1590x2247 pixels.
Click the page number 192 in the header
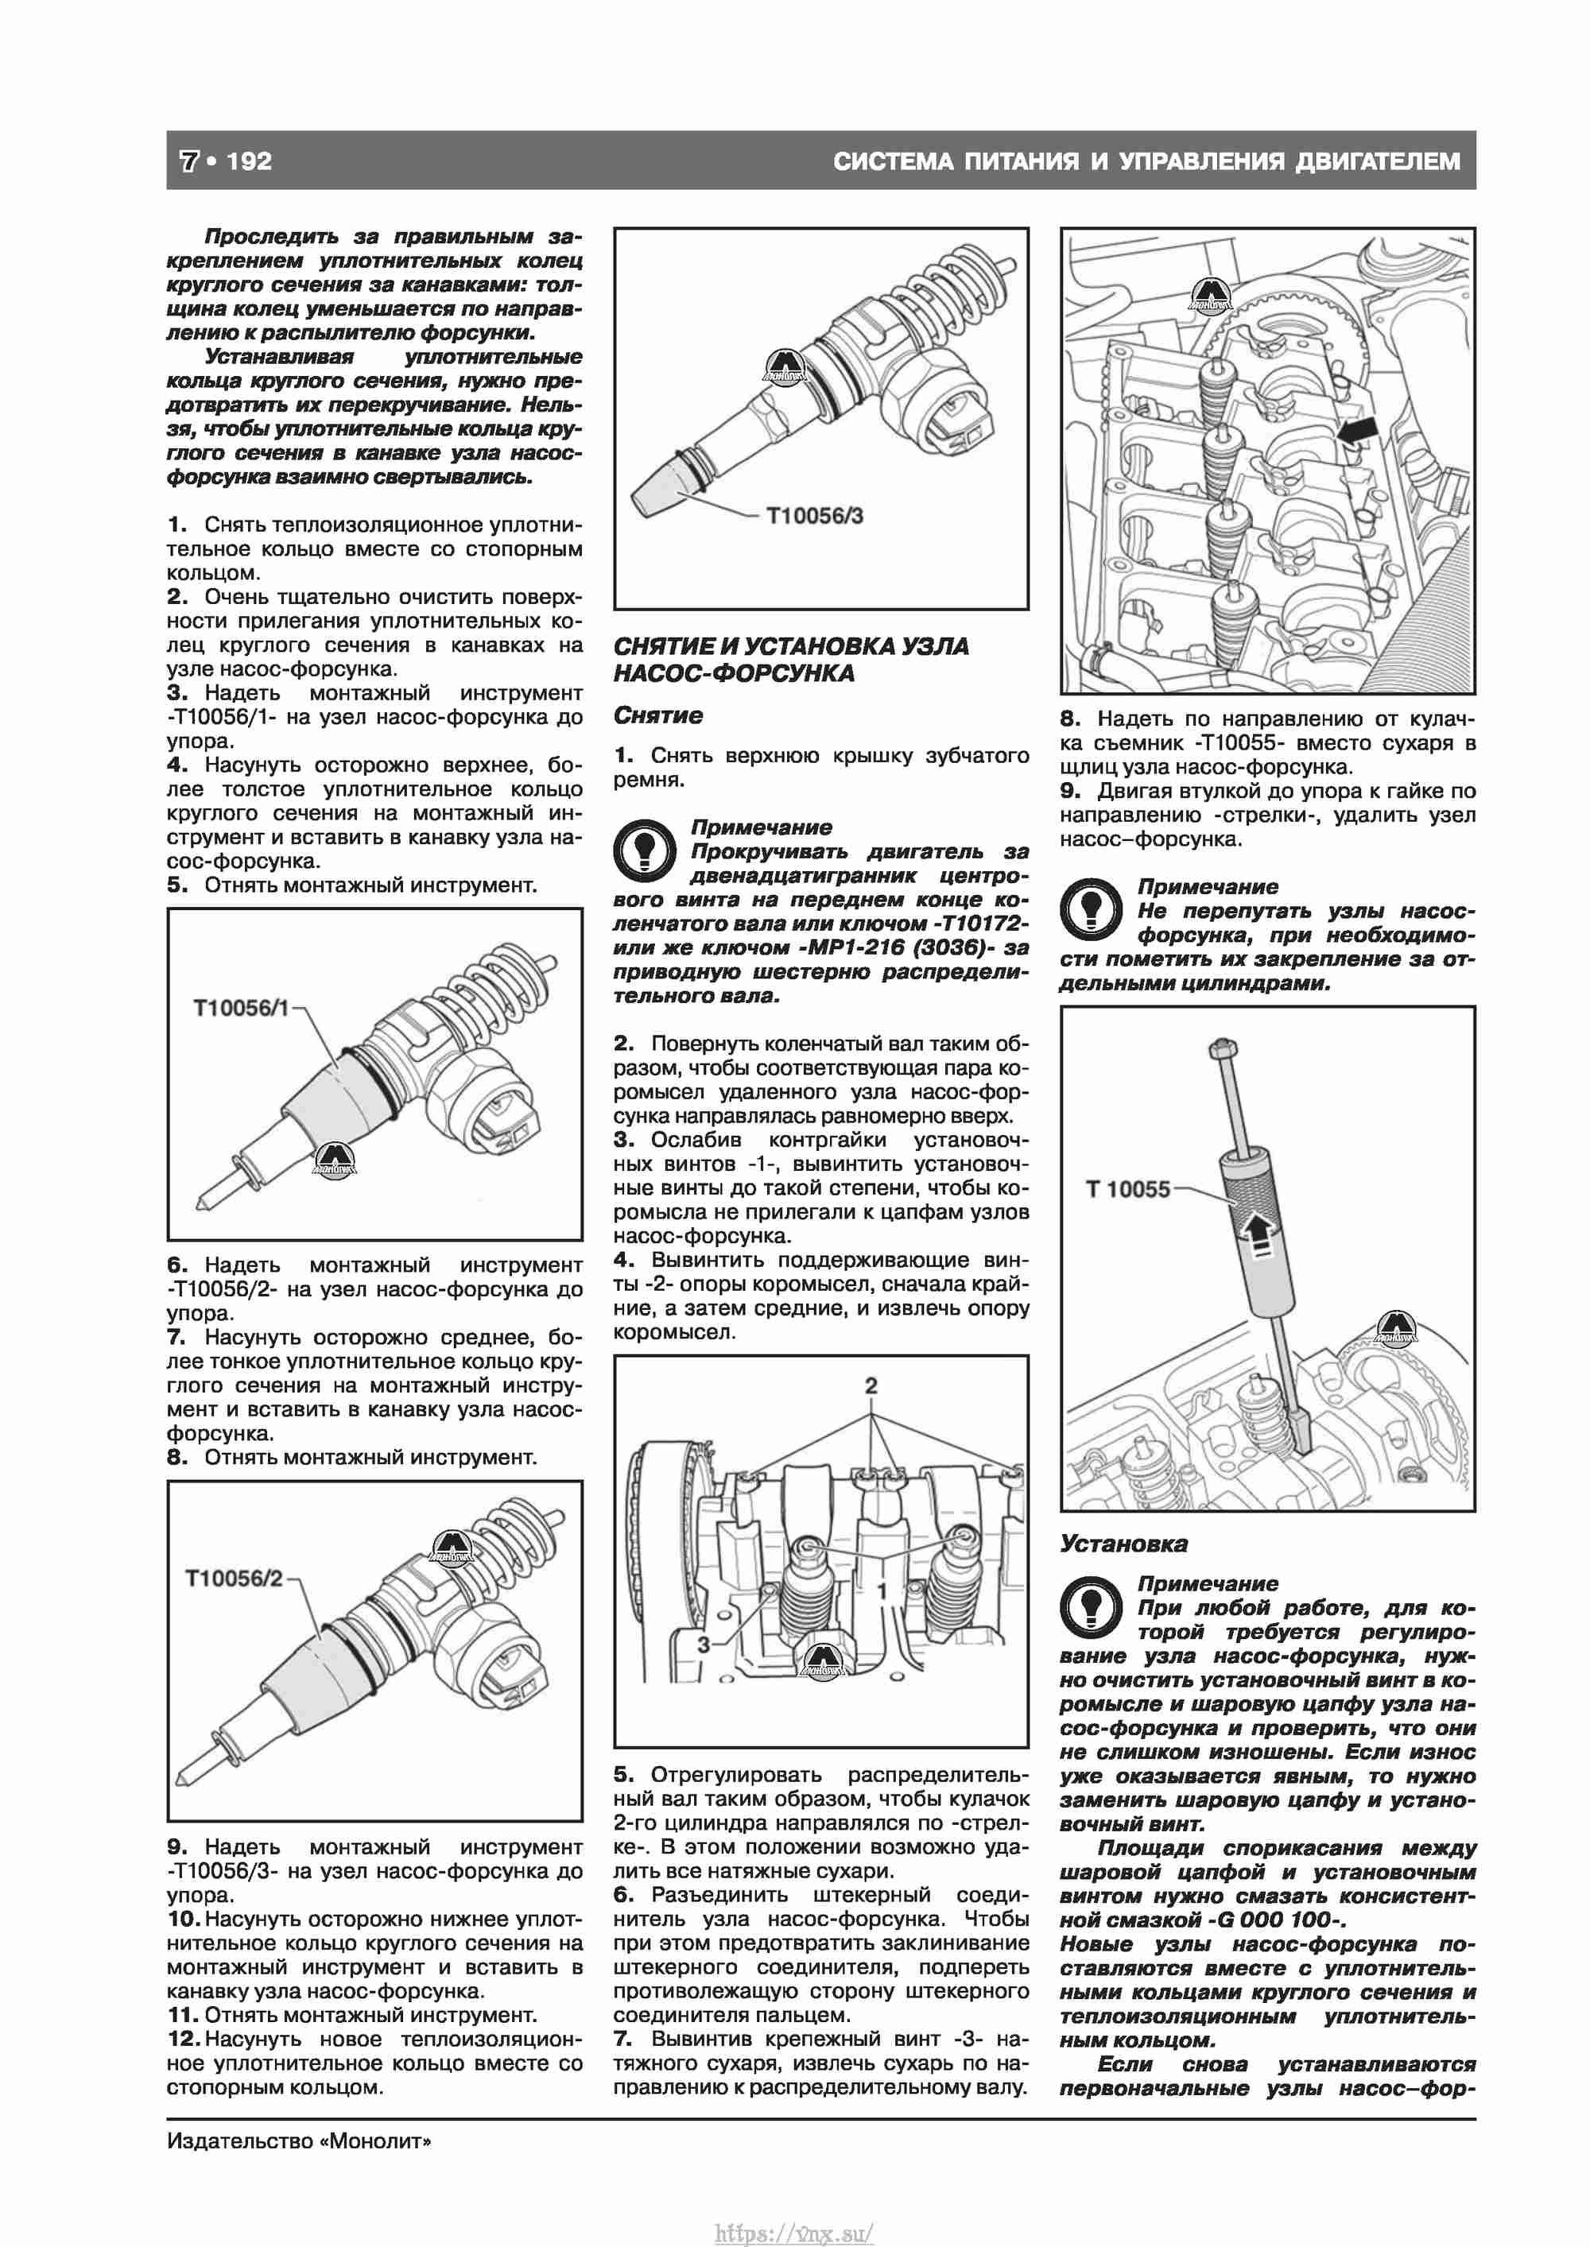[x=249, y=161]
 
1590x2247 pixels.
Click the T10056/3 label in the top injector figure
[x=815, y=516]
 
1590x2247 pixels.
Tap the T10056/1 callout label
[x=242, y=1008]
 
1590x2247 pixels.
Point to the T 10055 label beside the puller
[x=1128, y=1189]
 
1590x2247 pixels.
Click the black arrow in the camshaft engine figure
[x=1356, y=431]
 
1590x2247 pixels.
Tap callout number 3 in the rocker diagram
[x=702, y=1645]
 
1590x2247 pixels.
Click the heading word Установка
[x=1124, y=1544]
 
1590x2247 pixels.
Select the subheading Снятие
[x=658, y=715]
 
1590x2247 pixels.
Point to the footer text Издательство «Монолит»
[x=299, y=2140]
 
